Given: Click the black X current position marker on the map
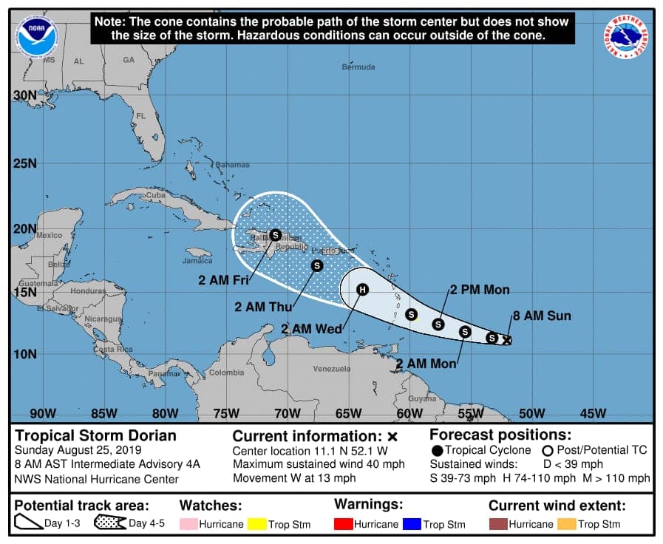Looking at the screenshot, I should [x=506, y=340].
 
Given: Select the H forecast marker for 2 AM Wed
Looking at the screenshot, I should [x=362, y=290].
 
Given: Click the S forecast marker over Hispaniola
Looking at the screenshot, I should [x=275, y=235].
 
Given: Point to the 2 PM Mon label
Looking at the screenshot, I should [x=480, y=290].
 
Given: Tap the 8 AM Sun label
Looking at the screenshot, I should [x=542, y=316].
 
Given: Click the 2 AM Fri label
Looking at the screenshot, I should [x=222, y=279].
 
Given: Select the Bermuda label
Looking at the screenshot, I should [x=358, y=67].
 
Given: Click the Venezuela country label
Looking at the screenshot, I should [x=330, y=368].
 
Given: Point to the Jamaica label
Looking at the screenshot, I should [x=197, y=260].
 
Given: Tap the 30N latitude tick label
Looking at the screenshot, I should [x=24, y=95].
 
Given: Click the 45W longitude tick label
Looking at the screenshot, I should [x=593, y=413].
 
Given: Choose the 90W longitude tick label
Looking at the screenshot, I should [x=42, y=413].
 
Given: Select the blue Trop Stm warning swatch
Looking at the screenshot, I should [x=412, y=524].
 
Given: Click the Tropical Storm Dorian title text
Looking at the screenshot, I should [x=96, y=435].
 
